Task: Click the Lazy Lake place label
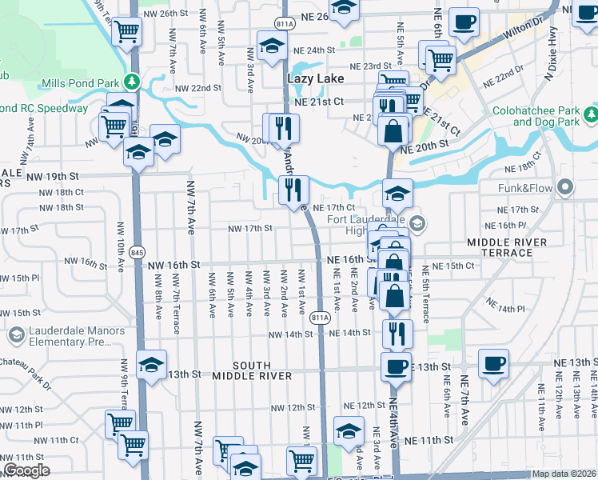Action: coord(315,78)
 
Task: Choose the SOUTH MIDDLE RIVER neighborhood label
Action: coord(253,370)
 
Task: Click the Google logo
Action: coord(26,470)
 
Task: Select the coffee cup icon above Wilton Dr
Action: coord(464,22)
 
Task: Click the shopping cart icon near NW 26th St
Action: coord(127,32)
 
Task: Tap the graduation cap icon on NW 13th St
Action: coord(151,366)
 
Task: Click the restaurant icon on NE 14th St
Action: coord(397,333)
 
